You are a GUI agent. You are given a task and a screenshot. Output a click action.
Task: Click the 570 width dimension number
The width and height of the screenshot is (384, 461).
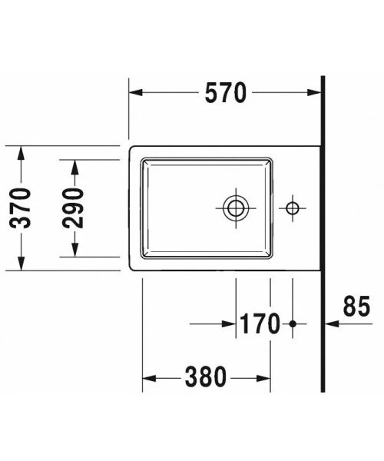point(226,93)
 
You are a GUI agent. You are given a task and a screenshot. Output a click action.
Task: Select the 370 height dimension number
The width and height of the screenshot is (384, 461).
point(21,207)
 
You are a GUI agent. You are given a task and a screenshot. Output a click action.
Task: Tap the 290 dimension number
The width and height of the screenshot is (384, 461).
point(72,207)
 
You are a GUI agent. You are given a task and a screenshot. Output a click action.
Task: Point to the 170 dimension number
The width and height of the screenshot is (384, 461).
point(259,324)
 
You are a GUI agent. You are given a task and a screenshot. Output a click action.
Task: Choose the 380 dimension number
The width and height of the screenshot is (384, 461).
point(205,377)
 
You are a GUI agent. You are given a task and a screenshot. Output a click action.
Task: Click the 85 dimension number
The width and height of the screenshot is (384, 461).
point(356,307)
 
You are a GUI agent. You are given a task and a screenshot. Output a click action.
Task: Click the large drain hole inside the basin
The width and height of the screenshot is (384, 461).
point(236,207)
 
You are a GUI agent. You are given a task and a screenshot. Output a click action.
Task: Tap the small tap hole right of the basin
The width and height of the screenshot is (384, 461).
point(292,207)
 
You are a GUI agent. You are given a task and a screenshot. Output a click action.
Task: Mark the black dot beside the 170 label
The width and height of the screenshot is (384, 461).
point(292,324)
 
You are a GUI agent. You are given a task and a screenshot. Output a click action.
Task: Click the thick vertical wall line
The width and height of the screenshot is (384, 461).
point(323,230)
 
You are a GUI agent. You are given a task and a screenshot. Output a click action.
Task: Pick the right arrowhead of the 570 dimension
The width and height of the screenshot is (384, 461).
point(316,93)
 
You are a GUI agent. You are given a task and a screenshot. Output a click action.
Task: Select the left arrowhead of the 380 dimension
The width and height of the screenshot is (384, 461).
point(149,377)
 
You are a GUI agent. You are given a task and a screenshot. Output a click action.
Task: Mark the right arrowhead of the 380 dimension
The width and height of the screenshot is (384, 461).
point(263,377)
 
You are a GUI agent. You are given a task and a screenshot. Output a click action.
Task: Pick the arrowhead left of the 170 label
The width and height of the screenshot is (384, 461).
point(229,324)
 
